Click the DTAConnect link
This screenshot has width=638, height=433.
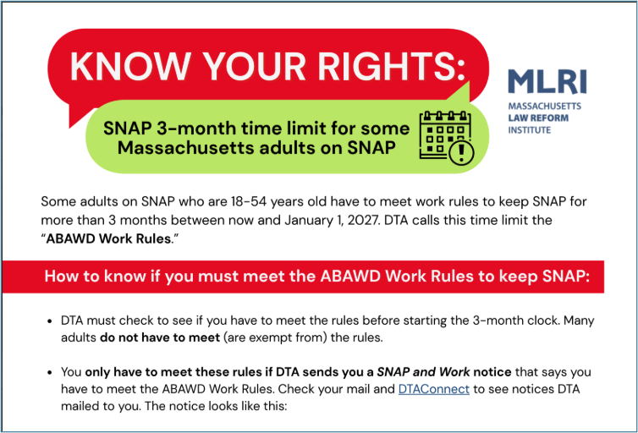click(x=434, y=389)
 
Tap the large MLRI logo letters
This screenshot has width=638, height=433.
click(x=547, y=82)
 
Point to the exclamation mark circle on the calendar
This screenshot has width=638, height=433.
click(x=461, y=153)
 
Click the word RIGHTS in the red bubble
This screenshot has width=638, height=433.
click(x=392, y=66)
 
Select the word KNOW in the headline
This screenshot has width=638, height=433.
click(x=130, y=66)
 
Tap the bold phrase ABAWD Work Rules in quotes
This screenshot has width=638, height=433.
click(x=108, y=238)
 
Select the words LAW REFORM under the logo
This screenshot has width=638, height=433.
click(x=538, y=118)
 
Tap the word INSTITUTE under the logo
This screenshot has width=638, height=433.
click(x=530, y=130)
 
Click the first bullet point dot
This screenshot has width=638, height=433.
click(x=50, y=321)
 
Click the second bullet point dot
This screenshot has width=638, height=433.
click(x=50, y=372)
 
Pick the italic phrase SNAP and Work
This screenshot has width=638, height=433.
click(x=423, y=372)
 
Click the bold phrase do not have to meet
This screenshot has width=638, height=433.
click(x=160, y=337)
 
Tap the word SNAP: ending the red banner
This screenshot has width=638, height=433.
click(x=566, y=277)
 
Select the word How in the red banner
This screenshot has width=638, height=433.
click(x=58, y=277)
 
